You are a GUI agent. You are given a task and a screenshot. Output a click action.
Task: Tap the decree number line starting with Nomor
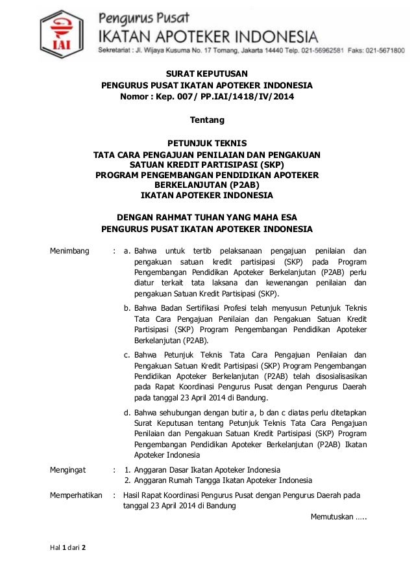(206, 97)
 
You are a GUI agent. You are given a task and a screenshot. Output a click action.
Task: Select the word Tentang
(206, 120)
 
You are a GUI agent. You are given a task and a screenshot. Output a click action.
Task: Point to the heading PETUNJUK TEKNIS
(207, 144)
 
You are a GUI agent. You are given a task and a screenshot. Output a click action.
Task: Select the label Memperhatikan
(76, 495)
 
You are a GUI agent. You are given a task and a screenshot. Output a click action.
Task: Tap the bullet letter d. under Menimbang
(128, 411)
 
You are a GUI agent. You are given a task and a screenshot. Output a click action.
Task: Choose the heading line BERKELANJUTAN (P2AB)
(207, 184)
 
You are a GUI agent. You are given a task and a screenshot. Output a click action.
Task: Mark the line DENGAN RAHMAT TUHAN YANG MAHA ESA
(207, 217)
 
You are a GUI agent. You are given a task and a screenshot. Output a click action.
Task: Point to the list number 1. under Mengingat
(128, 469)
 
